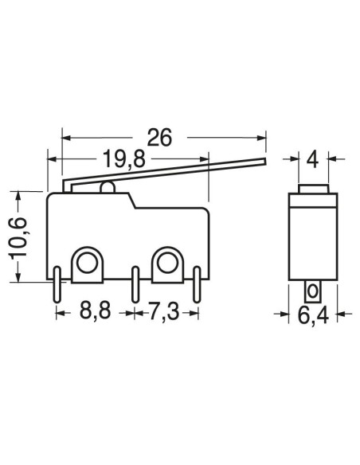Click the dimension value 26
pyautogui.click(x=159, y=137)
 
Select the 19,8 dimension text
pyautogui.click(x=123, y=159)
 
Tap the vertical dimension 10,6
pyautogui.click(x=18, y=237)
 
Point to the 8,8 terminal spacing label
pyautogui.click(x=96, y=311)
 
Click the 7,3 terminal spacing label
pyautogui.click(x=164, y=311)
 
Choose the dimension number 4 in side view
pyautogui.click(x=312, y=160)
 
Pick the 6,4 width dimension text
pyautogui.click(x=313, y=315)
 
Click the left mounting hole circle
pyautogui.click(x=87, y=263)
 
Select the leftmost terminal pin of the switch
pyautogui.click(x=57, y=285)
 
